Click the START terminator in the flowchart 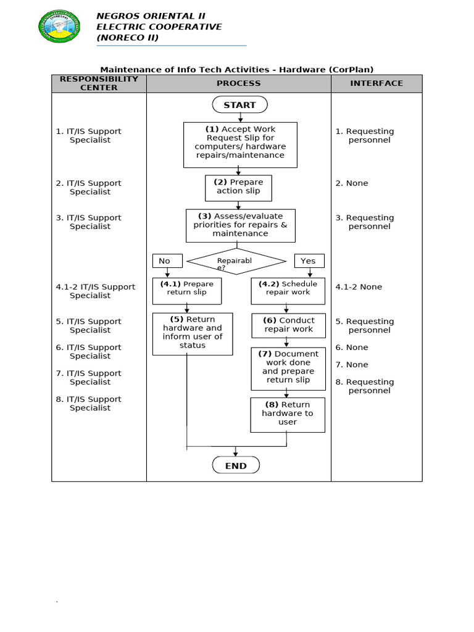[239, 105]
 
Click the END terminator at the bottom [236, 465]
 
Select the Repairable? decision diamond [236, 261]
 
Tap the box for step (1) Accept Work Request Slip [240, 144]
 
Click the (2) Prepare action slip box [238, 188]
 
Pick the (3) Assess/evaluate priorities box [241, 225]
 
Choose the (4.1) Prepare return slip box [187, 291]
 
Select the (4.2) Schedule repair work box [288, 291]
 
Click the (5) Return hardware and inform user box [193, 333]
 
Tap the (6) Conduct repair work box [289, 325]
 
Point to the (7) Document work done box [288, 368]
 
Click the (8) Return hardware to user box [288, 414]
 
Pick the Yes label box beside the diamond [309, 260]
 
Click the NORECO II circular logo [59, 26]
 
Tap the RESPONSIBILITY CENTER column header [99, 83]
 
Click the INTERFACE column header [376, 83]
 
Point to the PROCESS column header [238, 83]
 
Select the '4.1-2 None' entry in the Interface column [359, 287]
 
